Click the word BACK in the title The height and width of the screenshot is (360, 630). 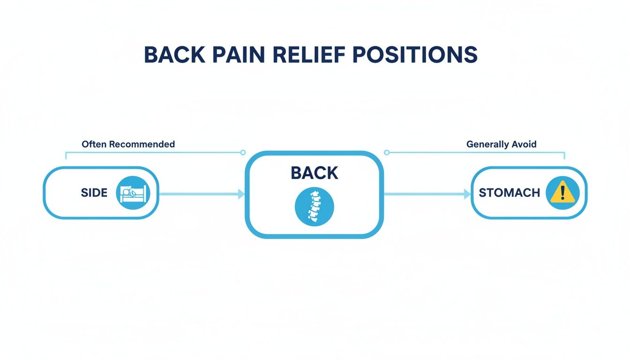[x=174, y=55]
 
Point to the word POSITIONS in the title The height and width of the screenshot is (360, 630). [x=415, y=55]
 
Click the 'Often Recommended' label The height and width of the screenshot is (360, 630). [x=128, y=144]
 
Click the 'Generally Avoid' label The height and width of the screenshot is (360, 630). [x=501, y=144]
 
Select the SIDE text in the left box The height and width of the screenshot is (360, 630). [x=94, y=193]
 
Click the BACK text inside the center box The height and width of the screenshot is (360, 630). [x=314, y=173]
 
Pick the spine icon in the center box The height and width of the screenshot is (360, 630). [x=314, y=207]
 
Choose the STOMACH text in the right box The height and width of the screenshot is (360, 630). [x=509, y=193]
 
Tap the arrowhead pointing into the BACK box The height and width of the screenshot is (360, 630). [x=241, y=194]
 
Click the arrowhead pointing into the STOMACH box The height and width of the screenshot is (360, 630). [x=467, y=194]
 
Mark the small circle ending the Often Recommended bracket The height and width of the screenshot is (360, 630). [x=243, y=152]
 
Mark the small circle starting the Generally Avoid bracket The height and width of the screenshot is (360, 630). [x=387, y=152]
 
